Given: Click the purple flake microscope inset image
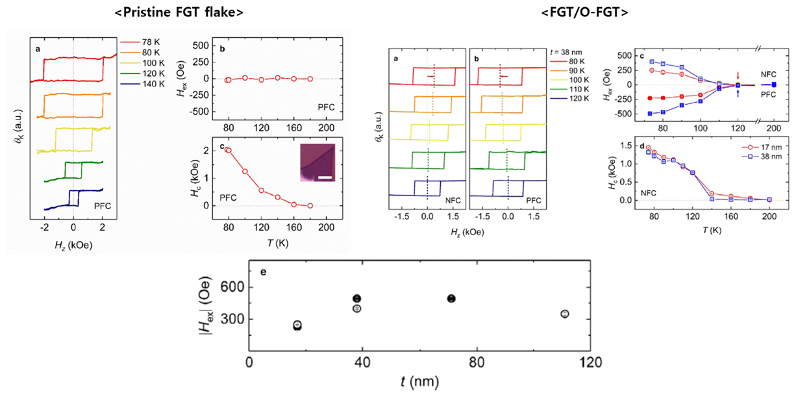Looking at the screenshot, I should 317,162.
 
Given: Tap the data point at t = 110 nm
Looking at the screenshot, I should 565,314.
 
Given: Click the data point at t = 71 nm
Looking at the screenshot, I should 452,298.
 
